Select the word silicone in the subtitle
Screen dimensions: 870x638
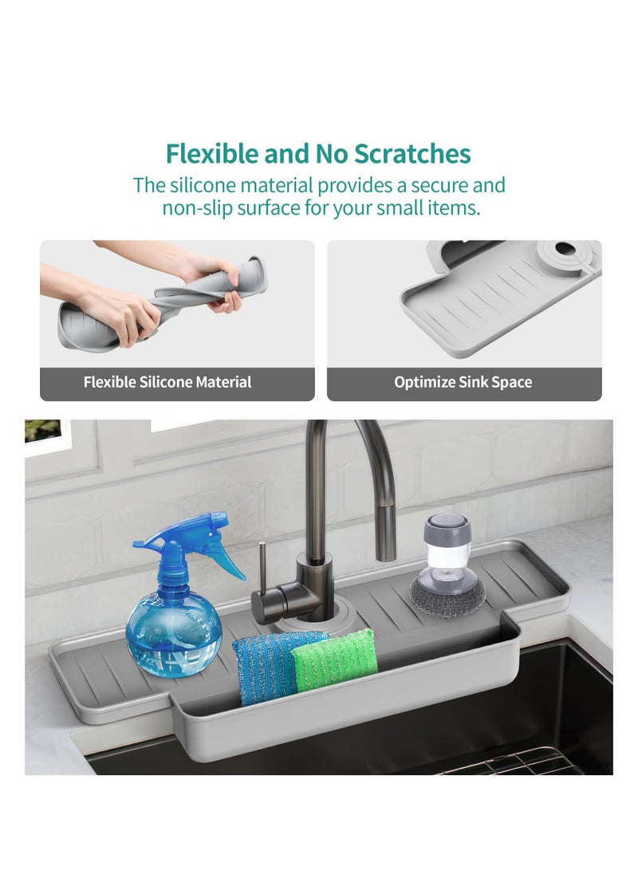pyautogui.click(x=202, y=186)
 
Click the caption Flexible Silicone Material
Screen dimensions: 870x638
pyautogui.click(x=167, y=382)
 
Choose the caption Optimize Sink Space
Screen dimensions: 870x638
pyautogui.click(x=463, y=382)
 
